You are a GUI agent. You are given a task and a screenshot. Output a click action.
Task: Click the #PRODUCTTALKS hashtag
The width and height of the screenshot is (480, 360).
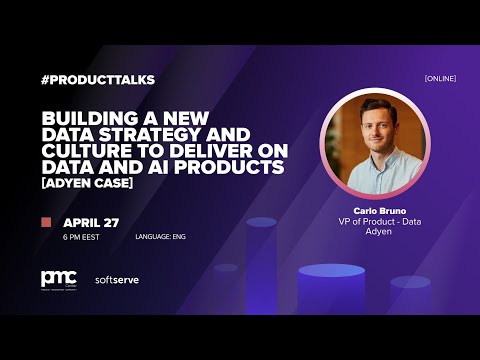98,79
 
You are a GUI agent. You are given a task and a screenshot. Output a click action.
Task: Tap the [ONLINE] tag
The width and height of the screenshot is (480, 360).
441,78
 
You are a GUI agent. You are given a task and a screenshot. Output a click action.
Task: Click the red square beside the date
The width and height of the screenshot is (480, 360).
46,222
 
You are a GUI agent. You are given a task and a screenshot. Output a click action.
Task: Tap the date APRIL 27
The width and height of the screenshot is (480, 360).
91,222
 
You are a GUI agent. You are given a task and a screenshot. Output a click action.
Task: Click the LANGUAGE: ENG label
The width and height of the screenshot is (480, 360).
160,237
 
